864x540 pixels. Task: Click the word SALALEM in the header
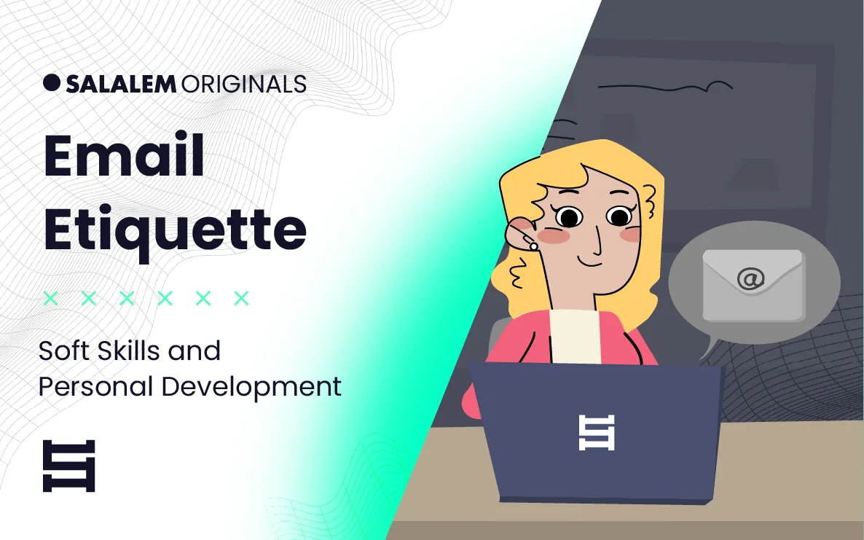121,84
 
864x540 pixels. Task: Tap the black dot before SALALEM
51,82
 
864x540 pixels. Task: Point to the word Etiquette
175,230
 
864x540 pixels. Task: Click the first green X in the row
51,298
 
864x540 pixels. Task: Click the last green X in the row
241,298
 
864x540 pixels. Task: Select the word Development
251,388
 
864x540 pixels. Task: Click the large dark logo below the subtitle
69,466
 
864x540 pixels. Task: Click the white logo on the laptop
596,433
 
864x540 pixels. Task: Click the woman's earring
533,246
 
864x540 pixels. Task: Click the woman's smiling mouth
591,261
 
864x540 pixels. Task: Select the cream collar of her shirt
576,336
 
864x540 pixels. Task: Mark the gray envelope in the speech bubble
753,285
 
